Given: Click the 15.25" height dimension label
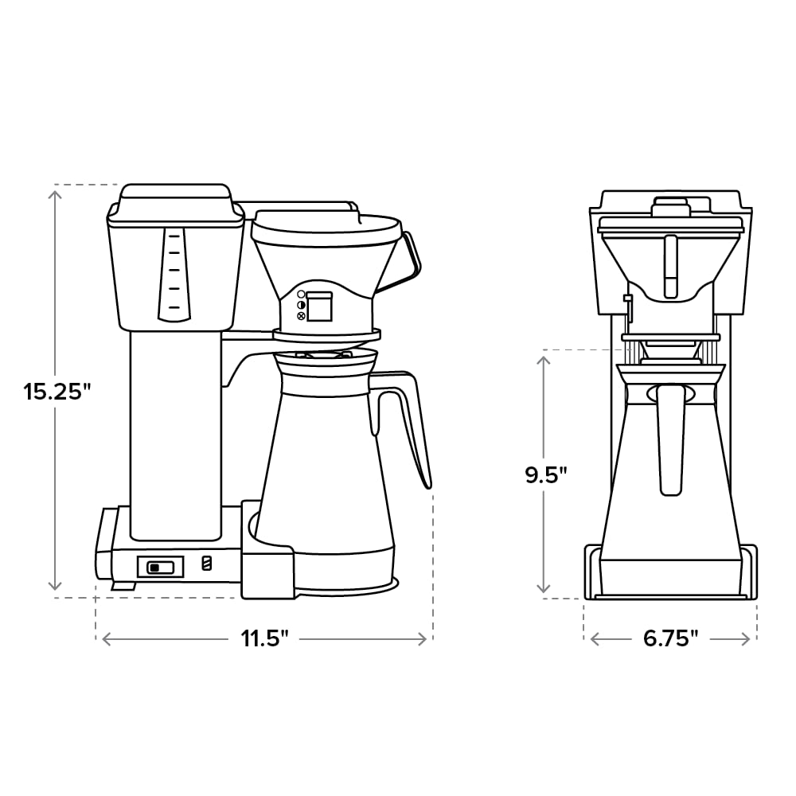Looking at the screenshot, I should pos(57,392).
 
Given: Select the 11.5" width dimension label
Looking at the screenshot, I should pos(266,638).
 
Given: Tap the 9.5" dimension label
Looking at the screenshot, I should pos(545,474).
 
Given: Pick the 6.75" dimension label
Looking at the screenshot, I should pos(671,638).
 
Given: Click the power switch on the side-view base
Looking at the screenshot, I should pos(161,567).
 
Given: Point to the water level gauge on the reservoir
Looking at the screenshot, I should pos(174,273).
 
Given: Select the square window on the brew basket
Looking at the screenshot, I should pos(319,306).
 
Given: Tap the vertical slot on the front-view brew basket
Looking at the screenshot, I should pos(670,264).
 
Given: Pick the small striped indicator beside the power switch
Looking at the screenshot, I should pos(207,563).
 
